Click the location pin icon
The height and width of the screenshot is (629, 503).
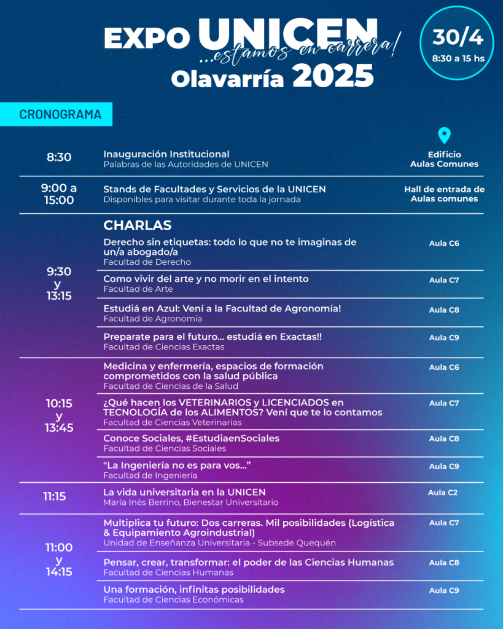pos(444,136)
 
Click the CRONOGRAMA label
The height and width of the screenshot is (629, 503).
pos(57,114)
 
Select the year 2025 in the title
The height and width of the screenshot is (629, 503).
pos(333,77)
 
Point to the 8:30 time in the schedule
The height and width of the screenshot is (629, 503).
pos(59,157)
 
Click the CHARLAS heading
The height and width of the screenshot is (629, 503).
pos(137,225)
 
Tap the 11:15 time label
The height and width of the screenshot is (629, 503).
pos(54,496)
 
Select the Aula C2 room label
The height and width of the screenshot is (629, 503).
pos(443,492)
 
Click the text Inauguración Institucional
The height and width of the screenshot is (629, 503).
pos(166,154)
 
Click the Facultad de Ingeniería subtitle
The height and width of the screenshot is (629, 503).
pos(150,475)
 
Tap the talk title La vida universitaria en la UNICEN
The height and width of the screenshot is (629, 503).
pos(184,492)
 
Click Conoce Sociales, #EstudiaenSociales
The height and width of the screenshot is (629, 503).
pos(191,438)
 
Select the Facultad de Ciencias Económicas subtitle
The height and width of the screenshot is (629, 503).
pos(173,600)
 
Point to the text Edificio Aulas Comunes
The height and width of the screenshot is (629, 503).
pos(444,159)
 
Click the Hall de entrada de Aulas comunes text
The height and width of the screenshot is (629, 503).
pos(444,194)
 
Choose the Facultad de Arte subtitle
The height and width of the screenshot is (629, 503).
pos(138,289)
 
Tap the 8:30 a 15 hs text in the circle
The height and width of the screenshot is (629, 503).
pos(458,59)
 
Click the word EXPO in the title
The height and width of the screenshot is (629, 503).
pos(146,39)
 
